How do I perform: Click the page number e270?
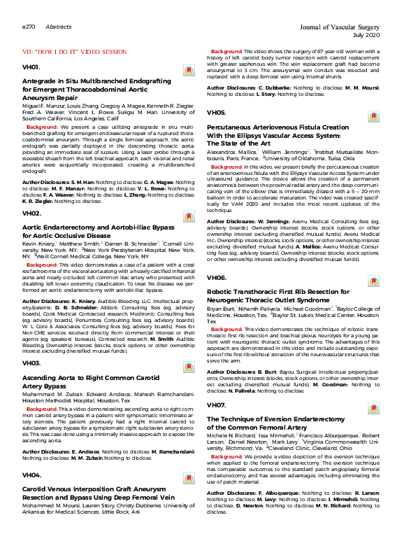29,26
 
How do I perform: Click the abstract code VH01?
31,67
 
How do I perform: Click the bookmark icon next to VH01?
188,71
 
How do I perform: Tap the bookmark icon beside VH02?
188,216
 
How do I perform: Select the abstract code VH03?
31,363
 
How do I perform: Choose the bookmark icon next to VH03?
188,367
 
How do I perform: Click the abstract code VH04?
31,475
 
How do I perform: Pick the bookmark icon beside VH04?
188,479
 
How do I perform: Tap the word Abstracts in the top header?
57,26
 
